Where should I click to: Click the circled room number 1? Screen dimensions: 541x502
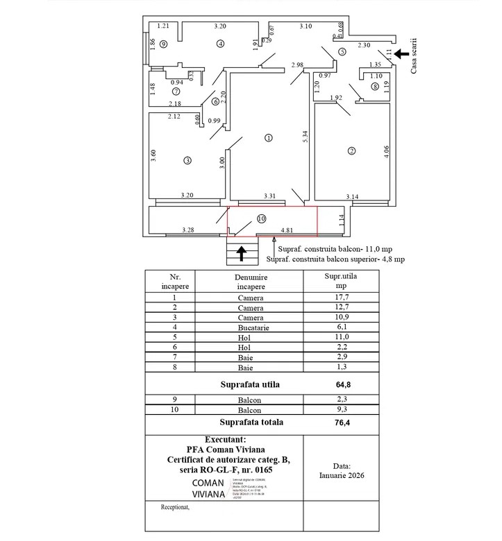[x=269, y=138]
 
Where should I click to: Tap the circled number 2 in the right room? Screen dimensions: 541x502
[x=351, y=151]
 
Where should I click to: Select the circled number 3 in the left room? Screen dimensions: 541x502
[x=187, y=161]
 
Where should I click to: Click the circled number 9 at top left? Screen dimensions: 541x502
[x=162, y=43]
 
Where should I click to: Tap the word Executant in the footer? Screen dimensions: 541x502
[x=226, y=440]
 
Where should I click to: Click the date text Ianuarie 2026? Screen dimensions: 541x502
[x=342, y=475]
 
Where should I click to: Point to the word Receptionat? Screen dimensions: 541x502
[x=175, y=506]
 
